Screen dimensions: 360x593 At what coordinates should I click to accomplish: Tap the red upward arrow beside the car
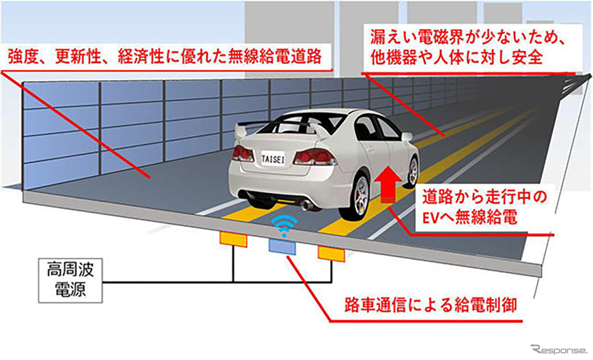click(389, 185)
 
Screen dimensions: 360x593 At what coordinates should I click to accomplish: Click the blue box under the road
click(282, 246)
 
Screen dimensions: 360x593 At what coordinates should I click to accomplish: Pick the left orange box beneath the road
click(233, 239)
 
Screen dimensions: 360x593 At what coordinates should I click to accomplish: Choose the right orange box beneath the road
click(331, 253)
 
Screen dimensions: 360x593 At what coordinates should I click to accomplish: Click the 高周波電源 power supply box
click(71, 282)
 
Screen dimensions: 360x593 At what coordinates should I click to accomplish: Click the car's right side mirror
click(407, 137)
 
